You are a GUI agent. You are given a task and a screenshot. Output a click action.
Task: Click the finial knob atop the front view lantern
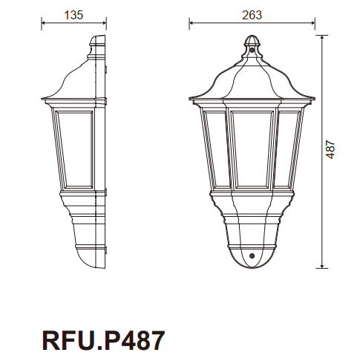(252, 44)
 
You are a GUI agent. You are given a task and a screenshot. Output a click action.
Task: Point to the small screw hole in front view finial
(252, 53)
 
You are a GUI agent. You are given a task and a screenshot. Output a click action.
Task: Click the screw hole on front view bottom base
(252, 256)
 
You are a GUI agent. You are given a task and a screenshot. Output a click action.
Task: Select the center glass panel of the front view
(252, 149)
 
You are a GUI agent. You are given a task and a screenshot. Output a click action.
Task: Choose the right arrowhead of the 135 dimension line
(104, 23)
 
